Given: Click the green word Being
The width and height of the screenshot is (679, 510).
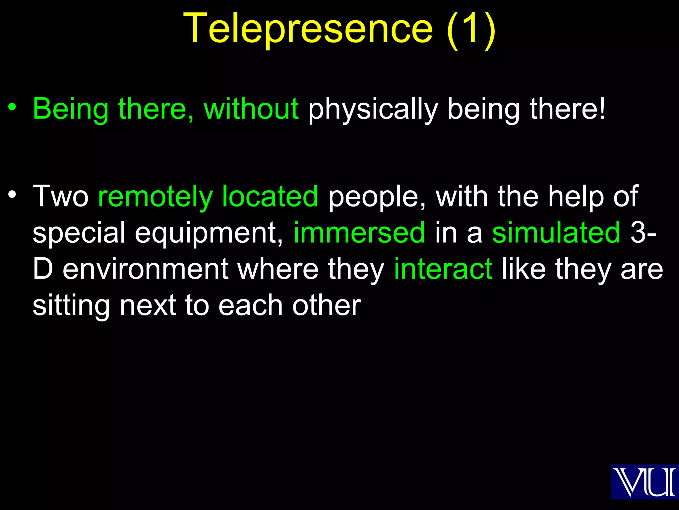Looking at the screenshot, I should coord(71,109).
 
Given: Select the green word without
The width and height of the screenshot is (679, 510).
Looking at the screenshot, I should coord(251,109).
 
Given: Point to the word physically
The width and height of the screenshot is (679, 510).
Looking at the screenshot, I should coord(373,110).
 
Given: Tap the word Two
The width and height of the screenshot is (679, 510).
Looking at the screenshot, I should coord(61,196).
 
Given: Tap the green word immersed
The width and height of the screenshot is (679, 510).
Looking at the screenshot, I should coord(359,232).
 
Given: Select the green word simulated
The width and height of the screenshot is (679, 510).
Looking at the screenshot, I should coord(556,232).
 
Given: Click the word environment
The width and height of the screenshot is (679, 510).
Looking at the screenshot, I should coord(145,269).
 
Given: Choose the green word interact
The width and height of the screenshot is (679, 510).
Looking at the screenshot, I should coord(443,269).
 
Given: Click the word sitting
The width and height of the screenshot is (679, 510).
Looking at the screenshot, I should coord(71,306).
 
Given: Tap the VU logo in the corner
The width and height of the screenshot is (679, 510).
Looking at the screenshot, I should coord(644,482).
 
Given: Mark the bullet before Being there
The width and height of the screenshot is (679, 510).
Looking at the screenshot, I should coord(12,107).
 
